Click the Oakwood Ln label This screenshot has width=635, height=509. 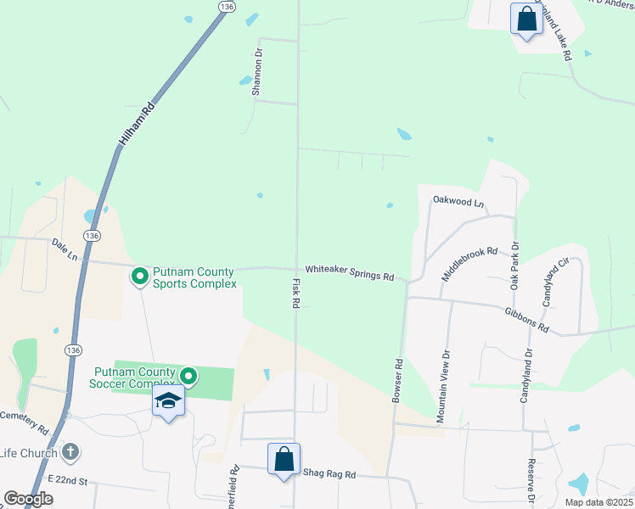point(458,202)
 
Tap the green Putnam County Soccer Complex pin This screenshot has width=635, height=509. point(188,374)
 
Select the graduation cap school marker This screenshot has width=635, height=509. point(169,401)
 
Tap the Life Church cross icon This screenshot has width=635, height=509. point(71,452)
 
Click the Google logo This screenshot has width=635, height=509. point(28,499)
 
